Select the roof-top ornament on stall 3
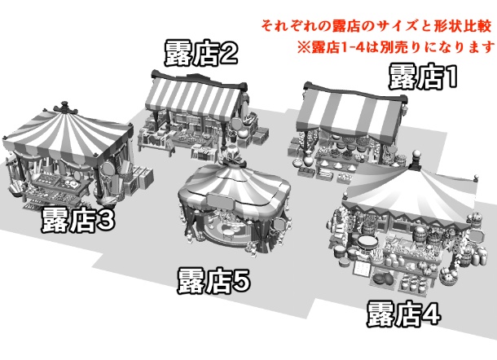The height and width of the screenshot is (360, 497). click(65, 108)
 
